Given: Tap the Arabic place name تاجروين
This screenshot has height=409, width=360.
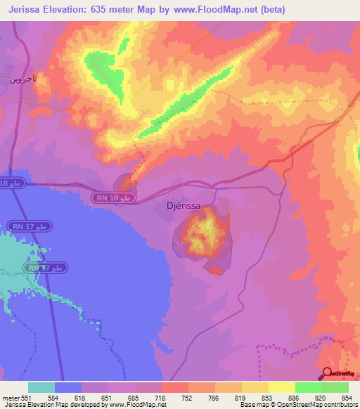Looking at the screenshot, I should [22, 79].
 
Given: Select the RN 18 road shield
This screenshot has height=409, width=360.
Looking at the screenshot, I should [114, 200].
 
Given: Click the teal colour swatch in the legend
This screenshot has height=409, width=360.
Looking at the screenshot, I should [41, 387].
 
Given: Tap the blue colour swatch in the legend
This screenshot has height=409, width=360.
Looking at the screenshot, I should [68, 387].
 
